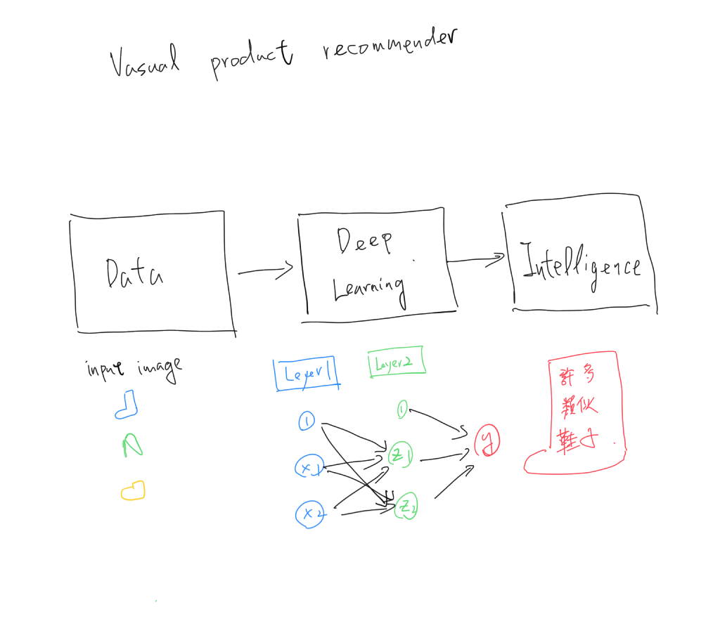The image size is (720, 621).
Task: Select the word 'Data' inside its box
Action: tap(134, 273)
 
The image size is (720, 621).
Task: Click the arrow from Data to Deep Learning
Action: tap(265, 270)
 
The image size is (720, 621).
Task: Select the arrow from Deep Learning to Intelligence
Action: tap(477, 260)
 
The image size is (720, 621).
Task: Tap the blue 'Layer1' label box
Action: tap(306, 372)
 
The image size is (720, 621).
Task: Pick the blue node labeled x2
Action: tap(310, 514)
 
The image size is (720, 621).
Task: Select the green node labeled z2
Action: tap(407, 506)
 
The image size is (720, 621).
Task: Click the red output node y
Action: tap(486, 440)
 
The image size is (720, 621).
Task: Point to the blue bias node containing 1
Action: tap(307, 421)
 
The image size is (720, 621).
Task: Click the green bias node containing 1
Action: tap(402, 410)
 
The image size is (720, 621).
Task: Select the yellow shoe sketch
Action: tap(133, 490)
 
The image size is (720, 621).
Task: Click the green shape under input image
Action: tap(132, 445)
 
